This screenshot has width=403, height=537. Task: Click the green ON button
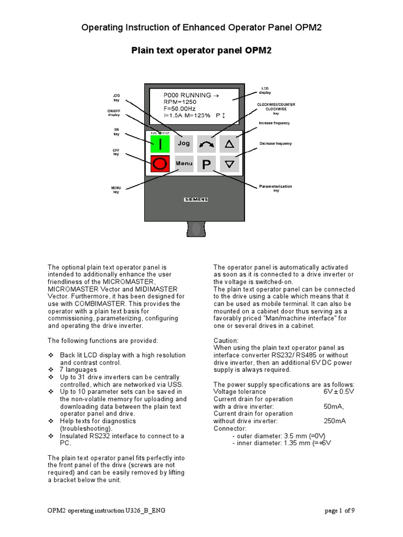(161, 144)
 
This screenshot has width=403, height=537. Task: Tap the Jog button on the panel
(184, 143)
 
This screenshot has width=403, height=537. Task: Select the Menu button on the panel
(184, 164)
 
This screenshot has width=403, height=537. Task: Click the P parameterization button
(206, 164)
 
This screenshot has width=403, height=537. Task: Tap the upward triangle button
(229, 143)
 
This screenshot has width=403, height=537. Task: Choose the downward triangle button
(229, 164)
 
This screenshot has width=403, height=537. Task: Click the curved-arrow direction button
(206, 143)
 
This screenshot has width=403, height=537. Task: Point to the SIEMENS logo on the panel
(196, 199)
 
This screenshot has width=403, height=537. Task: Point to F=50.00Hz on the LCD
(181, 109)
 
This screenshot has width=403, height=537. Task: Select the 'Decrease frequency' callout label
(275, 143)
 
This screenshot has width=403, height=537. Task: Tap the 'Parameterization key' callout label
(275, 188)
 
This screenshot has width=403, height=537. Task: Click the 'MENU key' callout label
(116, 190)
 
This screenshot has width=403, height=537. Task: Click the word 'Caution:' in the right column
(226, 340)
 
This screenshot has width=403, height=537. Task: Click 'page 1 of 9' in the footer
(340, 511)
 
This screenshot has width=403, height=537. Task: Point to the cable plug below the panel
(196, 229)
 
